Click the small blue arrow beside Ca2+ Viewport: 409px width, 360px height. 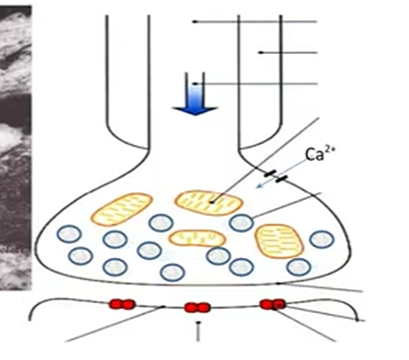coord(264,183)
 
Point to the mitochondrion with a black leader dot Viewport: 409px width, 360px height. coord(209,201)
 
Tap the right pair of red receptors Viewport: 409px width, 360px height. coord(272,303)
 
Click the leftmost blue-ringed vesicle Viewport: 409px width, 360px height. coord(68,234)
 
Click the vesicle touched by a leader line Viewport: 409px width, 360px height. coord(241,223)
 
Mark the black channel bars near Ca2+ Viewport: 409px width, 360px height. coord(281,179)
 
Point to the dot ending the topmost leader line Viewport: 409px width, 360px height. coord(195,21)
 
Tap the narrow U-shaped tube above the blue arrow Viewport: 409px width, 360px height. coord(200,78)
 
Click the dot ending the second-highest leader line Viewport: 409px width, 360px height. coord(260,51)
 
